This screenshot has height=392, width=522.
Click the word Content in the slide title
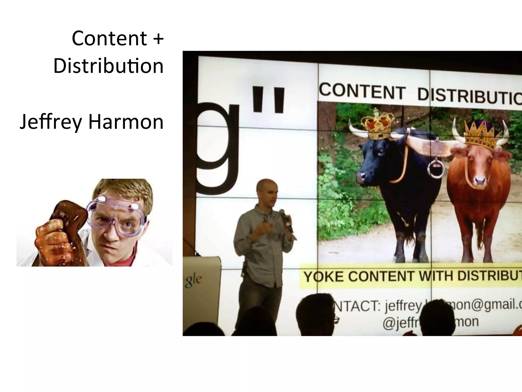[109, 38]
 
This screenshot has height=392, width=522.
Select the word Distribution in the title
[108, 66]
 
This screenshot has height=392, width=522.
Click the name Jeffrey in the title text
[50, 122]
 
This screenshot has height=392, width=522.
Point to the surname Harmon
[126, 121]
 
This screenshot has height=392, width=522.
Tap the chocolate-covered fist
[54, 237]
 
